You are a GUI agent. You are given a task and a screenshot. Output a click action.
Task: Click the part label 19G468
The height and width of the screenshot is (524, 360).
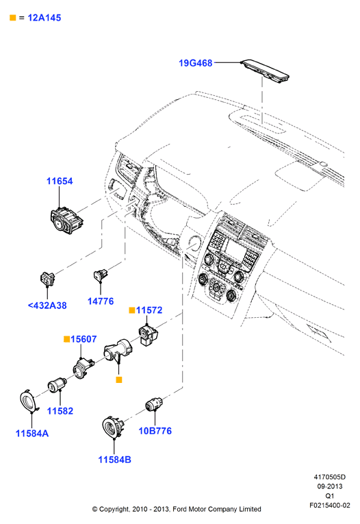[195, 63]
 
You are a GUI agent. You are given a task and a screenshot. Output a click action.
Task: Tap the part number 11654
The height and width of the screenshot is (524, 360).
[60, 181]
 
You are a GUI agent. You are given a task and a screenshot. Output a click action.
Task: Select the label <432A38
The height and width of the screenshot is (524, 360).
[47, 305]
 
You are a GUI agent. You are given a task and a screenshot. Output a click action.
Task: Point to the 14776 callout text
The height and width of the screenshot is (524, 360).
[101, 301]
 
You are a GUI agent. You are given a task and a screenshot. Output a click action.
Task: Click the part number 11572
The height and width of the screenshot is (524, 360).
[149, 310]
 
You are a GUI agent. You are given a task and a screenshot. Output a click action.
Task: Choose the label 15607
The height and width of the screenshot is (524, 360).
[83, 339]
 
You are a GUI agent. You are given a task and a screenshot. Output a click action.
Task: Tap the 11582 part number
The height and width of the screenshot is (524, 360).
[60, 411]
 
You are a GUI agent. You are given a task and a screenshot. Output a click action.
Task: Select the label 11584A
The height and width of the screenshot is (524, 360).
[32, 434]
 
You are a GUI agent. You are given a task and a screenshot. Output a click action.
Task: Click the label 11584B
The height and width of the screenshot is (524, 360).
[114, 460]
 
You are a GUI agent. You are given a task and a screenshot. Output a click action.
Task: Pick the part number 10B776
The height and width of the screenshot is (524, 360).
[155, 431]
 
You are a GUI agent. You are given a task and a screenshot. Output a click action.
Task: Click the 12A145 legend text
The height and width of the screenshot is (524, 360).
[44, 18]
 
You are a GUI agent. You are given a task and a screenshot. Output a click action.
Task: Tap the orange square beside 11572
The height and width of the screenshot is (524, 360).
[132, 310]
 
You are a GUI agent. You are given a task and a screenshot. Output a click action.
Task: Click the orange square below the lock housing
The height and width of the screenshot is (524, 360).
[119, 379]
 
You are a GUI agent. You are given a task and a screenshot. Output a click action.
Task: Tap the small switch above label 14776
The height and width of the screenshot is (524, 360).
[101, 275]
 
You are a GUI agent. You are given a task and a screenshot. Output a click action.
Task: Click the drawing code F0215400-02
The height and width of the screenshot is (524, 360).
[330, 506]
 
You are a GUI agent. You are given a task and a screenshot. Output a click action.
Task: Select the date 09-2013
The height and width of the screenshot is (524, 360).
[330, 486]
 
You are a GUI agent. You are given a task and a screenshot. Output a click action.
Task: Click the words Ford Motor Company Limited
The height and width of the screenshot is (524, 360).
[217, 510]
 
